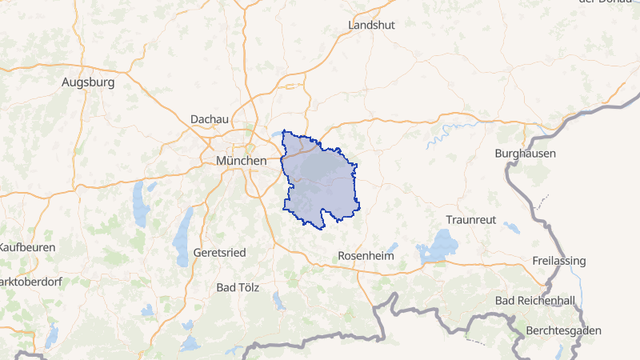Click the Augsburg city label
[88, 82]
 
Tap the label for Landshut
[371, 26]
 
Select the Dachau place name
[210, 119]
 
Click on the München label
[241, 161]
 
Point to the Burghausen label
[526, 153]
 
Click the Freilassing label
[558, 262]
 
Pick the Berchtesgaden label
[565, 330]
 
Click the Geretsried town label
[219, 252]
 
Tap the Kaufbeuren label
[28, 247]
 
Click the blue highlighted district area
[320, 184]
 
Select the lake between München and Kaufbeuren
[141, 205]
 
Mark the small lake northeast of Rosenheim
[392, 248]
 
